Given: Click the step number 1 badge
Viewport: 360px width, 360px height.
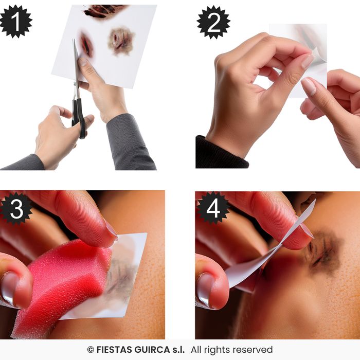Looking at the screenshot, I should [x=16, y=22].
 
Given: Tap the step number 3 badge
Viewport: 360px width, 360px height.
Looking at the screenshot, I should [x=16, y=208].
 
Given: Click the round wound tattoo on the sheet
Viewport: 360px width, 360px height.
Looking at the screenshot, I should [x=121, y=41].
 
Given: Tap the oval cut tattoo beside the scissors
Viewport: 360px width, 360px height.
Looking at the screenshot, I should [x=86, y=46].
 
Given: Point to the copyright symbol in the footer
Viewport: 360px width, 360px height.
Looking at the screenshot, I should [x=91, y=350].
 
